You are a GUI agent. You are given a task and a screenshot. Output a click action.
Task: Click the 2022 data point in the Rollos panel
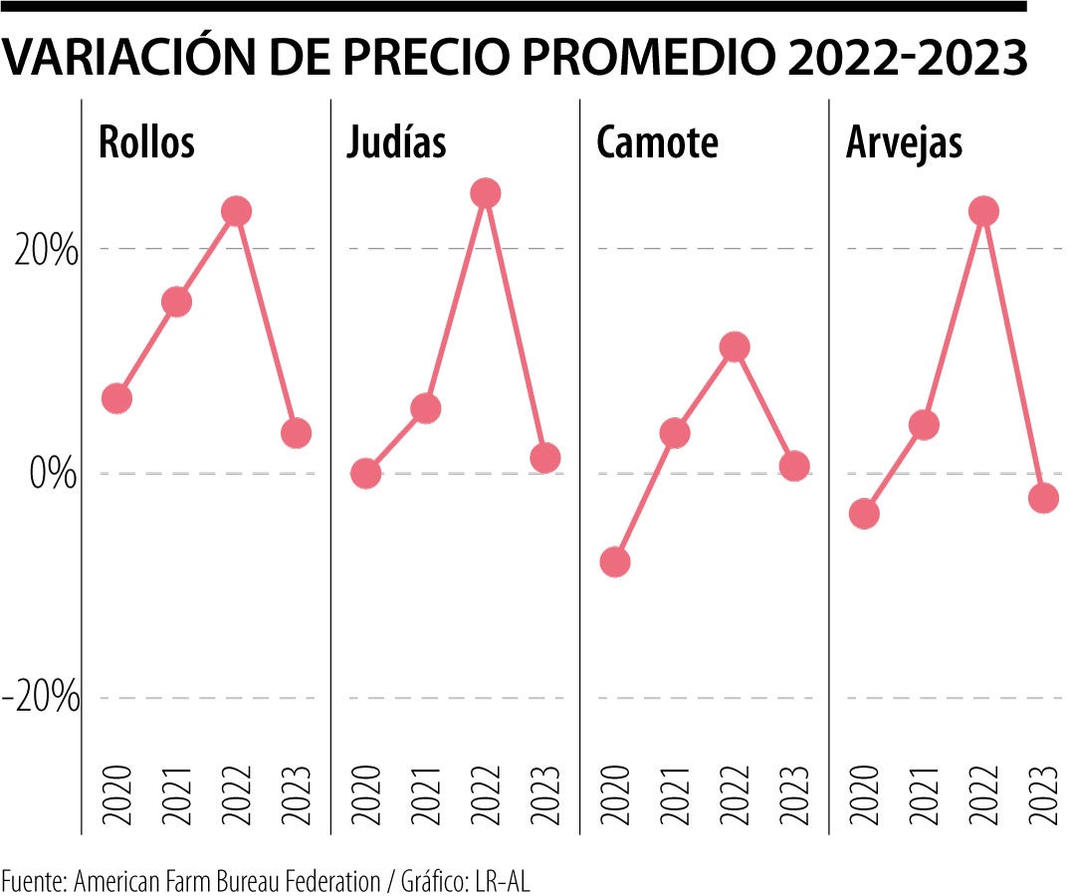tap(236, 211)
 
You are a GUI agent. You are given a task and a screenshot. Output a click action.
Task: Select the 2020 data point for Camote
tap(615, 562)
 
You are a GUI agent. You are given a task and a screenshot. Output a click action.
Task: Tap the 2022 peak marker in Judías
tap(485, 193)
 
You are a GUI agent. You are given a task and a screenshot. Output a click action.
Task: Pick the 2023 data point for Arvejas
tap(1043, 498)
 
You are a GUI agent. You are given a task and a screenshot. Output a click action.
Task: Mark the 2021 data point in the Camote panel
tap(675, 433)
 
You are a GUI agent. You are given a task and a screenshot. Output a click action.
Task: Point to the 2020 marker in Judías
tap(365, 473)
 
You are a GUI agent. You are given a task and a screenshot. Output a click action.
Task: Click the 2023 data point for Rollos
tap(296, 433)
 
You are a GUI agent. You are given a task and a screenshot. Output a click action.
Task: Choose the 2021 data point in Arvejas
tap(924, 425)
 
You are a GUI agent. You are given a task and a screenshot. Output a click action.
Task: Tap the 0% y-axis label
tap(53, 475)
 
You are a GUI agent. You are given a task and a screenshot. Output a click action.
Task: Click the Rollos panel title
tap(146, 143)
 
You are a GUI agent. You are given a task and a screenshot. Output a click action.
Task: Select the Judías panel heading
tap(396, 143)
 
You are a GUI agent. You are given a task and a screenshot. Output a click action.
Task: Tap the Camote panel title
tap(657, 143)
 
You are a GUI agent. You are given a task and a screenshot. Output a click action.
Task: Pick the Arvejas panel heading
tap(905, 143)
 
